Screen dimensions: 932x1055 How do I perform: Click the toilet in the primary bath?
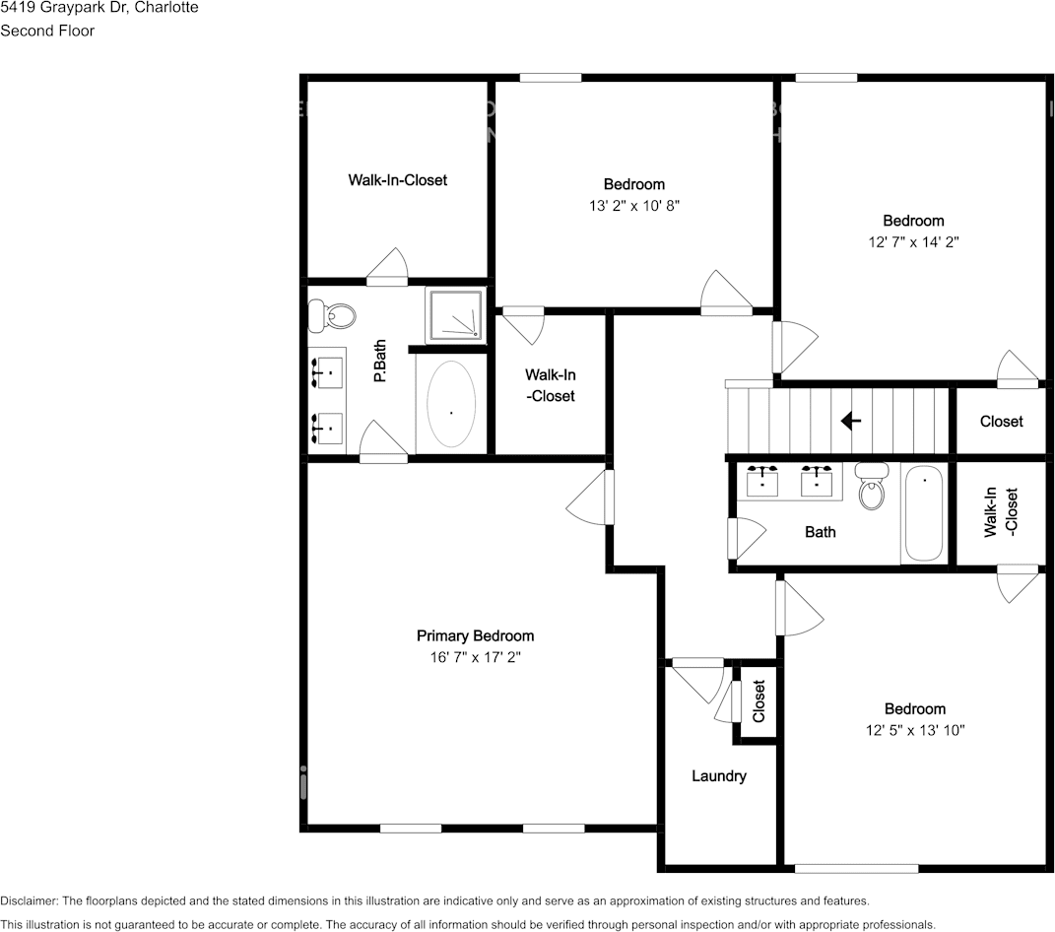[x=331, y=315]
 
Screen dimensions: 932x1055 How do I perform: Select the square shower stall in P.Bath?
[x=455, y=315]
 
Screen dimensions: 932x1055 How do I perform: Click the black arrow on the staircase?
[x=850, y=421]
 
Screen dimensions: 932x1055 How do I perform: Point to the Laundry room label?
[x=718, y=776]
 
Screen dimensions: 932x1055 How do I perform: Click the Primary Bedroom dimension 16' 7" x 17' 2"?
[x=475, y=657]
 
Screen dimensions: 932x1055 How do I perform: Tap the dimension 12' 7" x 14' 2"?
[x=912, y=242]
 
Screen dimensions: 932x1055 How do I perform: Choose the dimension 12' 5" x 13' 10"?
[x=914, y=730]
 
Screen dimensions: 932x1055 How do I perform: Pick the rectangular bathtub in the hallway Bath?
[x=924, y=514]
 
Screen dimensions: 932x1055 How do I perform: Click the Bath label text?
[x=820, y=532]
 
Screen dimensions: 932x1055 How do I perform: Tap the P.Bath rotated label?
[x=379, y=361]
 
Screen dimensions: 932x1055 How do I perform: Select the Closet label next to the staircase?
[x=1001, y=422]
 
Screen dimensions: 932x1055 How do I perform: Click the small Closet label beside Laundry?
[x=758, y=701]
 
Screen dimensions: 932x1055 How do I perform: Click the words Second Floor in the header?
[x=47, y=31]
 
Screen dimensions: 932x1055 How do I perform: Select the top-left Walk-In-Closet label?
[x=397, y=180]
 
